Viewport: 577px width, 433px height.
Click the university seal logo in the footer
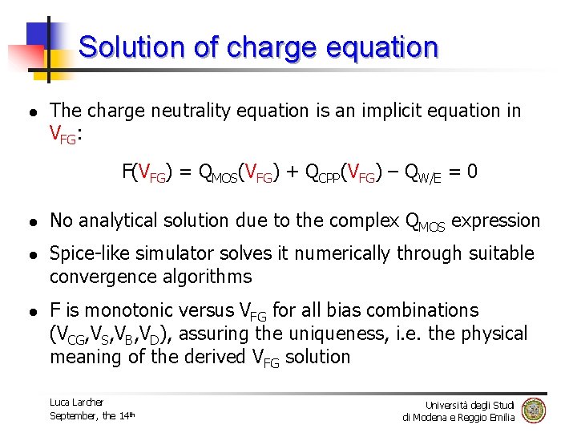(533, 410)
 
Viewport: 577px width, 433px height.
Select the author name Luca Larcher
(76, 402)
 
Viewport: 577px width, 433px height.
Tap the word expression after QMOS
(496, 221)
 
